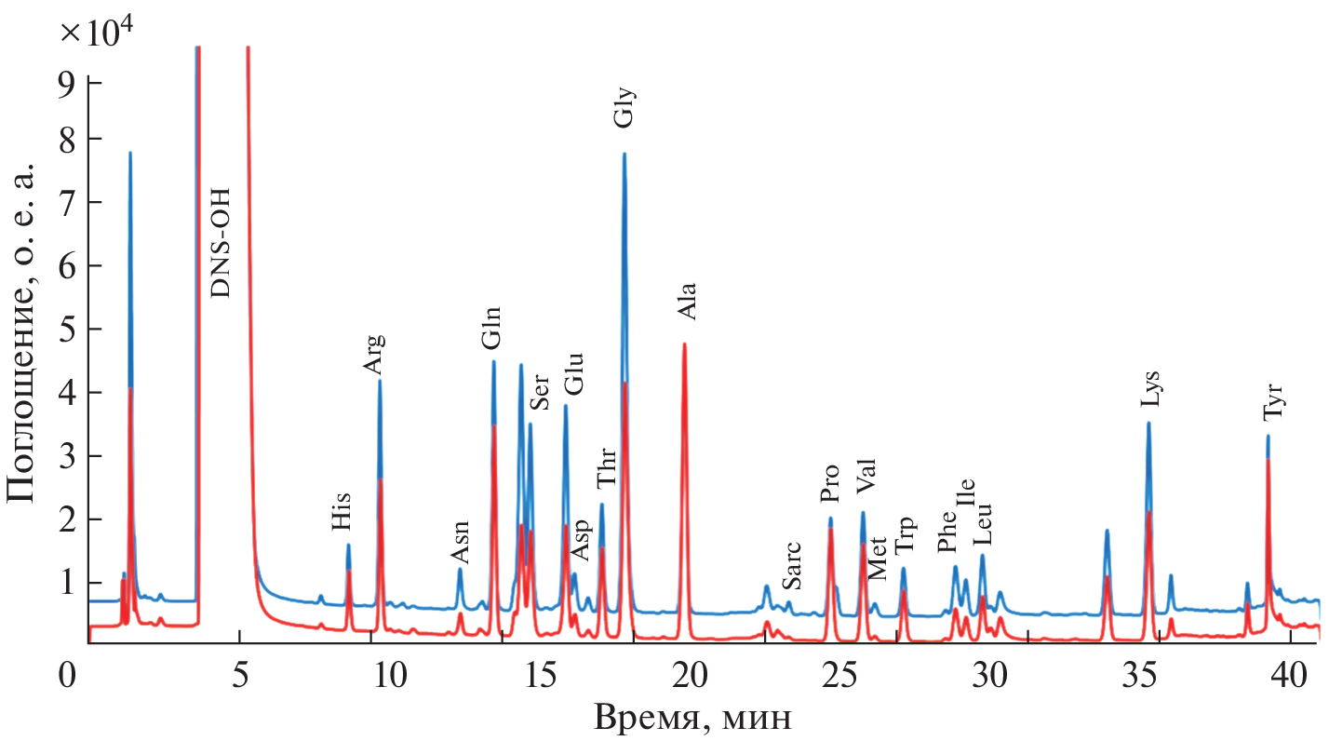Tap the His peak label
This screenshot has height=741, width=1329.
342,512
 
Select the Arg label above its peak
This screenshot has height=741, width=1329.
373,354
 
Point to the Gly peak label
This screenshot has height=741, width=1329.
624,107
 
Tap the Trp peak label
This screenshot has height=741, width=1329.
905,537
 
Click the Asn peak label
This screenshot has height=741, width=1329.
460,542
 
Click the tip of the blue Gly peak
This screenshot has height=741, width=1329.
624,154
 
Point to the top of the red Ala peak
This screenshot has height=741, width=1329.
685,344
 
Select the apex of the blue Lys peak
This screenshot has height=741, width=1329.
1148,423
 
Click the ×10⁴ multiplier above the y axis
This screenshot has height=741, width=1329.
97,32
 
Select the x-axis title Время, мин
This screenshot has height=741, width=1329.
694,717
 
